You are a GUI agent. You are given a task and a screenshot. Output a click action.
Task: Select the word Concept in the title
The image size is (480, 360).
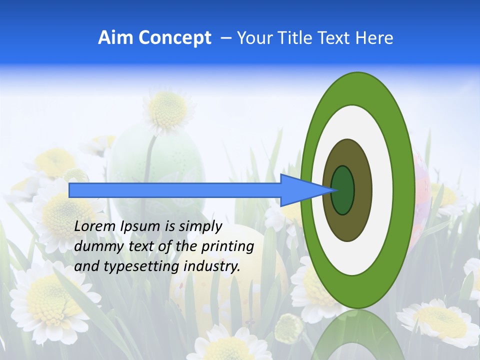click(x=174, y=38)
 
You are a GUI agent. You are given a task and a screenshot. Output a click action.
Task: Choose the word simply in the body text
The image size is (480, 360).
click(x=199, y=227)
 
